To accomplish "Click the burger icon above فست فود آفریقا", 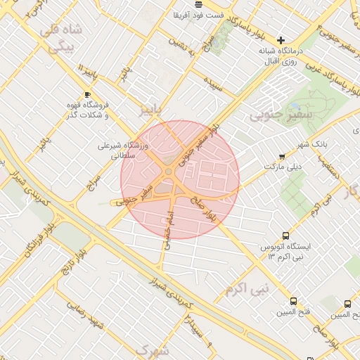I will point(199,4).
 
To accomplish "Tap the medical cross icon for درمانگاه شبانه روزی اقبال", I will point(282,40).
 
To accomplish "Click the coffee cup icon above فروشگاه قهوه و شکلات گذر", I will point(87,94).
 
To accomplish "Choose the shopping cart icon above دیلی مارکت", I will point(282,156).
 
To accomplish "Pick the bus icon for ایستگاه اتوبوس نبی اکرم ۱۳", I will point(286,236).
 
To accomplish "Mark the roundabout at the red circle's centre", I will point(169,171).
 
